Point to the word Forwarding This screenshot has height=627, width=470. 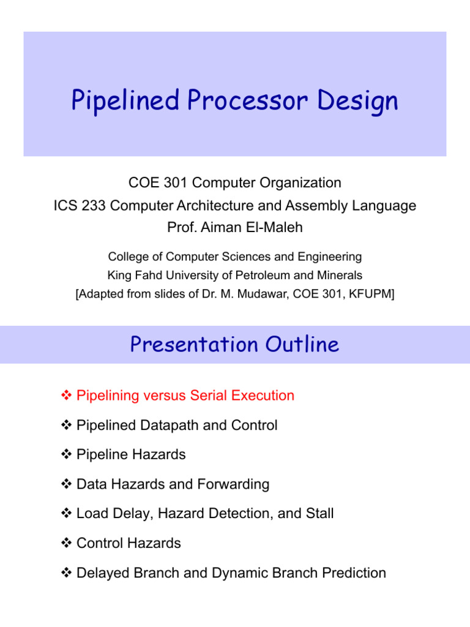[233, 484]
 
